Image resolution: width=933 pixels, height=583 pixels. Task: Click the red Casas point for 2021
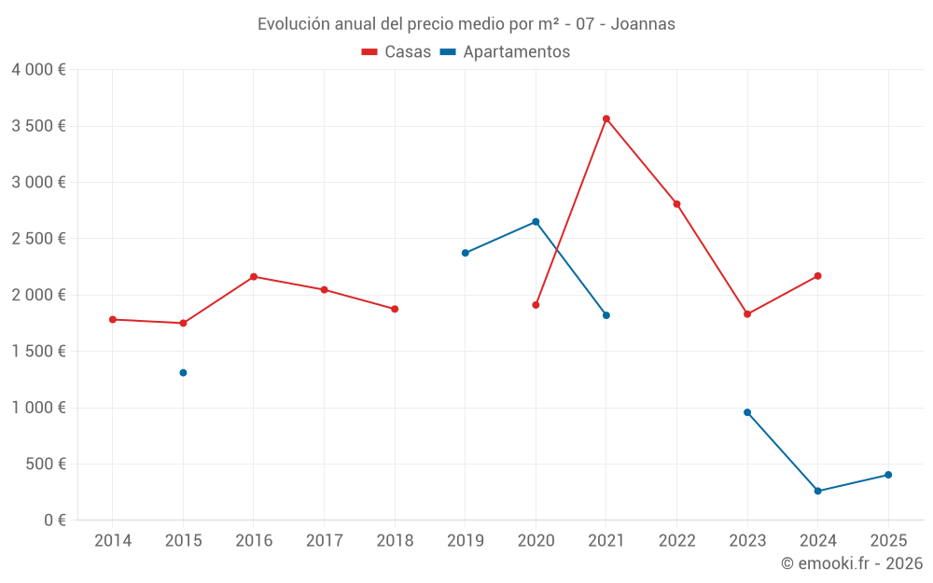pyautogui.click(x=606, y=118)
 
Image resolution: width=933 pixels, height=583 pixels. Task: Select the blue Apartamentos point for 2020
pyautogui.click(x=536, y=222)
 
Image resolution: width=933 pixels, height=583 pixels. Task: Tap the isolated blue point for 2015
pyautogui.click(x=183, y=372)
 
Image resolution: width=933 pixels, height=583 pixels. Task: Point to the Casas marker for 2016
pyautogui.click(x=254, y=276)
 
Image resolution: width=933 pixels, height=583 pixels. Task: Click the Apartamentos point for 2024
pyautogui.click(x=818, y=491)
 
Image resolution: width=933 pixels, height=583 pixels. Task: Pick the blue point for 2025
pyautogui.click(x=888, y=475)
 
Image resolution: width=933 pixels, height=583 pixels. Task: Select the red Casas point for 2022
pyautogui.click(x=676, y=204)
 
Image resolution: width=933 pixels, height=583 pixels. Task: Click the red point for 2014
pyautogui.click(x=113, y=319)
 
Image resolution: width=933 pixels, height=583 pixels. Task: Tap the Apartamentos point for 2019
pyautogui.click(x=465, y=253)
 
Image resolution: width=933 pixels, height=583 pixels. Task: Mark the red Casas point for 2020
pyautogui.click(x=536, y=305)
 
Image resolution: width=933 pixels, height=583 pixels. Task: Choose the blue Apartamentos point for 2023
pyautogui.click(x=747, y=412)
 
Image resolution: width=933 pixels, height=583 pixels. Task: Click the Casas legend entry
pyautogui.click(x=397, y=52)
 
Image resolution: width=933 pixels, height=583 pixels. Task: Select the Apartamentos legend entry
pyautogui.click(x=505, y=52)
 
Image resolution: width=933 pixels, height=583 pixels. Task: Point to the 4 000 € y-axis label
pyautogui.click(x=38, y=70)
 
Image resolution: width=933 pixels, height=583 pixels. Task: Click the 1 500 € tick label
pyautogui.click(x=38, y=352)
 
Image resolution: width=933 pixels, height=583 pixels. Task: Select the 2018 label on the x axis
pyautogui.click(x=395, y=541)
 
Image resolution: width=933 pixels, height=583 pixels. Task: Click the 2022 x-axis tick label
pyautogui.click(x=676, y=541)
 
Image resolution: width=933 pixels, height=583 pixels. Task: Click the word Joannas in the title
pyautogui.click(x=644, y=24)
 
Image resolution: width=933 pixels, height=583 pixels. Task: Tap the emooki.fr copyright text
pyautogui.click(x=852, y=563)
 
